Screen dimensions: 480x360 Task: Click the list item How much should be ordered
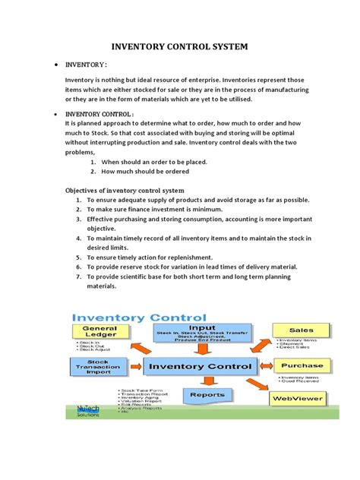click(150, 172)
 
